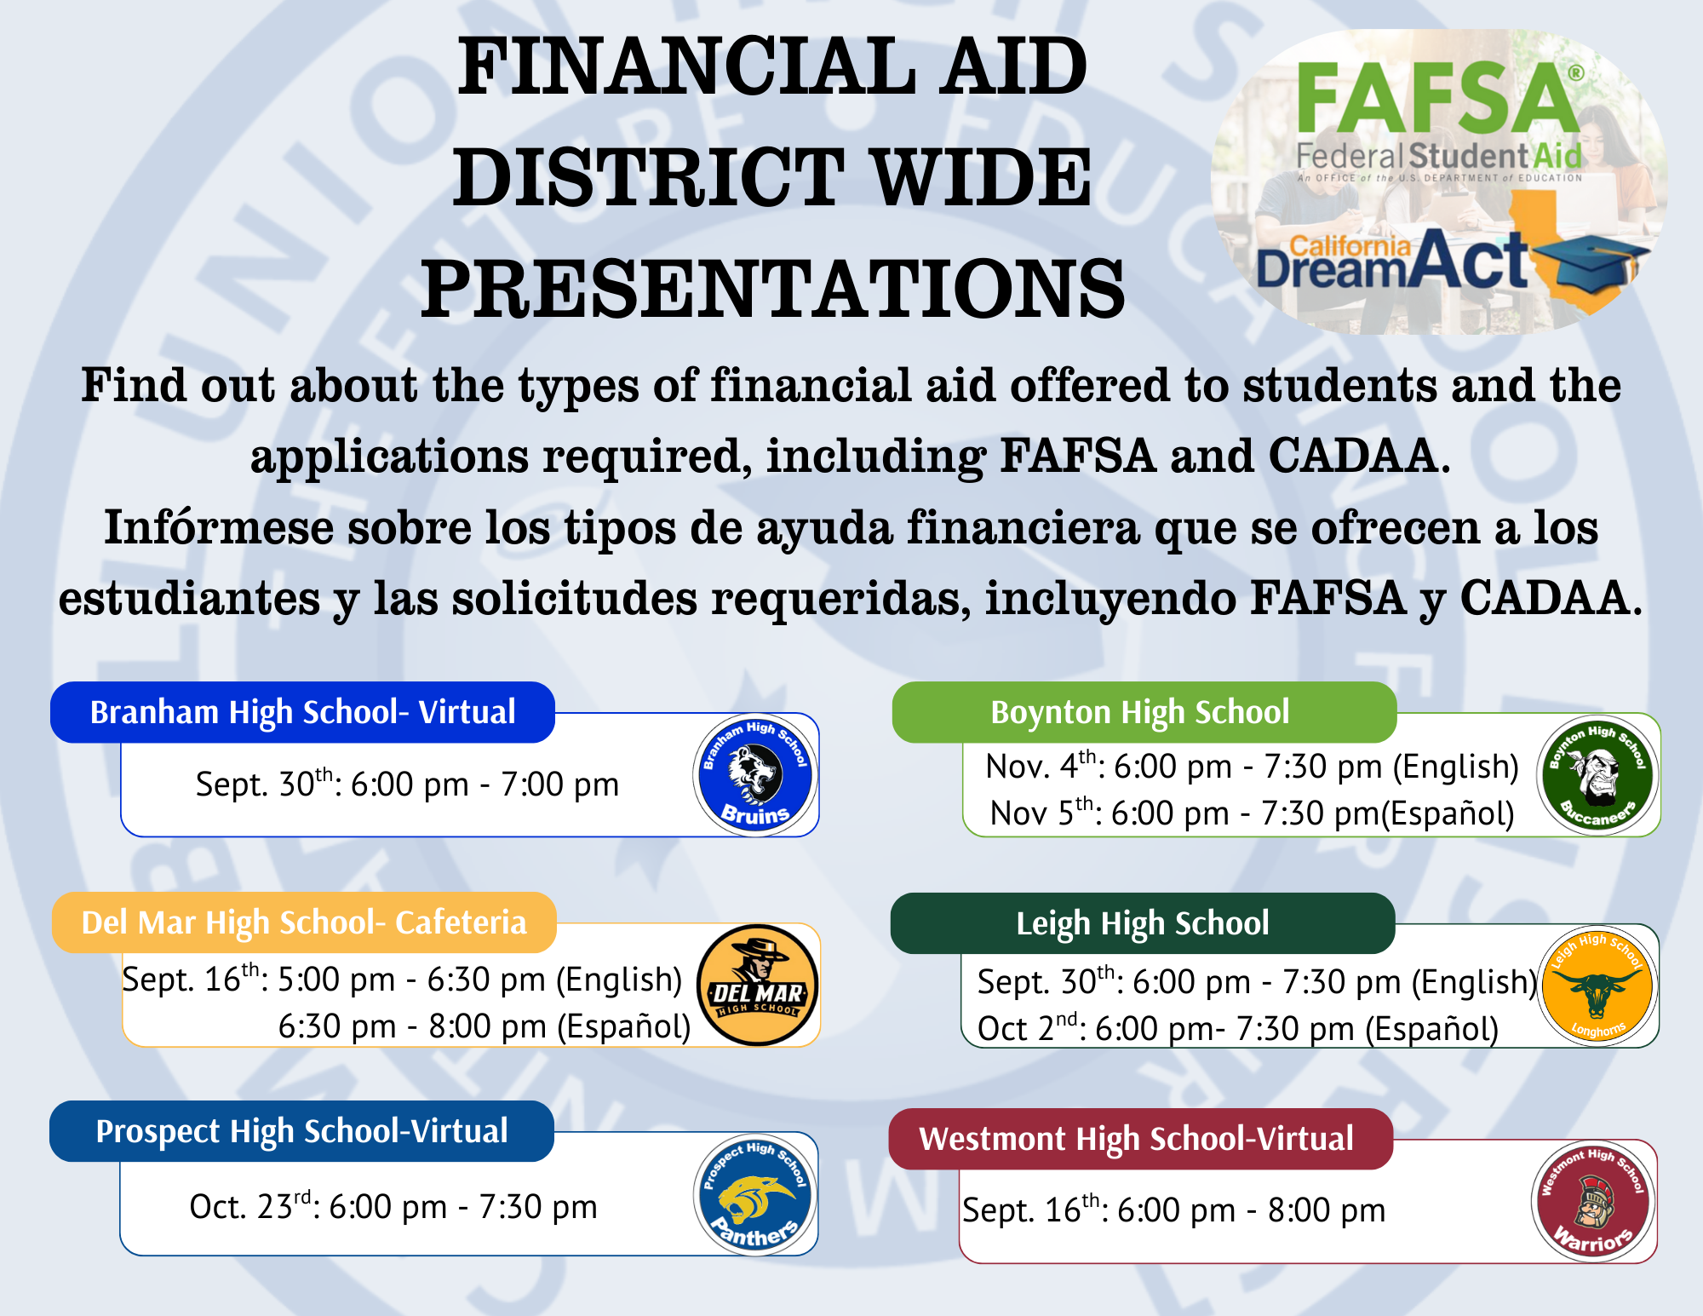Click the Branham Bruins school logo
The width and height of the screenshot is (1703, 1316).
point(755,774)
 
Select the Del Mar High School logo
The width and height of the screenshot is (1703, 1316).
point(758,985)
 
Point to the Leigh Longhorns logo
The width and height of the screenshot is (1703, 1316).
point(1597,986)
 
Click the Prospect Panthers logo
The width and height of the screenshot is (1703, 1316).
point(755,1194)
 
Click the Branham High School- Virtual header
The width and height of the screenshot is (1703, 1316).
point(302,712)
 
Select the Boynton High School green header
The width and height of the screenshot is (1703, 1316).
point(1144,712)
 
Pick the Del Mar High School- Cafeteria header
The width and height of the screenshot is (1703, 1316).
point(304,922)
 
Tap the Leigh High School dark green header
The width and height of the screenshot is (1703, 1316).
point(1143,923)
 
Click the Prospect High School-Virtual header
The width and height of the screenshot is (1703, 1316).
point(301,1131)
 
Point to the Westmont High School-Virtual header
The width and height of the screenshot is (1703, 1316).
point(1141,1139)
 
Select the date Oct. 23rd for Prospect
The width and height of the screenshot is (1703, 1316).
point(250,1205)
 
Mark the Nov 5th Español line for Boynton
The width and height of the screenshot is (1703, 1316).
point(1253,813)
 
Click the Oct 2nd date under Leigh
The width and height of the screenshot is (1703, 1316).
point(1028,1027)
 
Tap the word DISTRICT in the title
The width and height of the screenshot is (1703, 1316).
point(649,177)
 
